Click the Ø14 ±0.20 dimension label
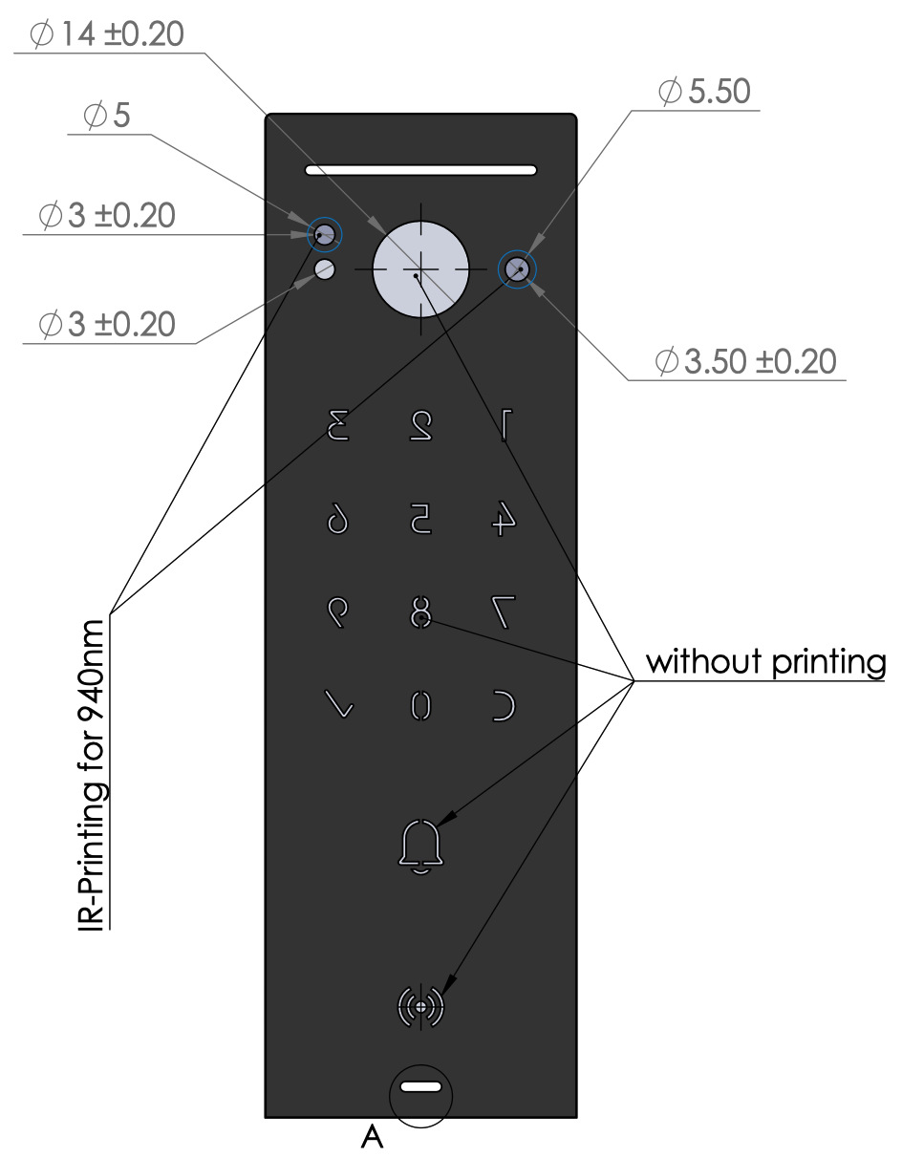[106, 34]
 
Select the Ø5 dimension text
[106, 117]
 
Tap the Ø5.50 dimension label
[704, 93]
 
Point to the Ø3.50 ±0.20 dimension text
[745, 362]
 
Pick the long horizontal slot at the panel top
[420, 171]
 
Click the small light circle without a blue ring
[325, 268]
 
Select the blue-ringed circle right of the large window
[519, 269]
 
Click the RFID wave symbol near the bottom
[420, 1006]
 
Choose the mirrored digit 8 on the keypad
[420, 611]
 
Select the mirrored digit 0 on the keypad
[420, 705]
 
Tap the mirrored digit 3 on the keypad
[338, 424]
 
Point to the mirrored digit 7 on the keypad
[505, 611]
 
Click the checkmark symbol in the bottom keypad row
[339, 705]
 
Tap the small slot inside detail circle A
[420, 1087]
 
